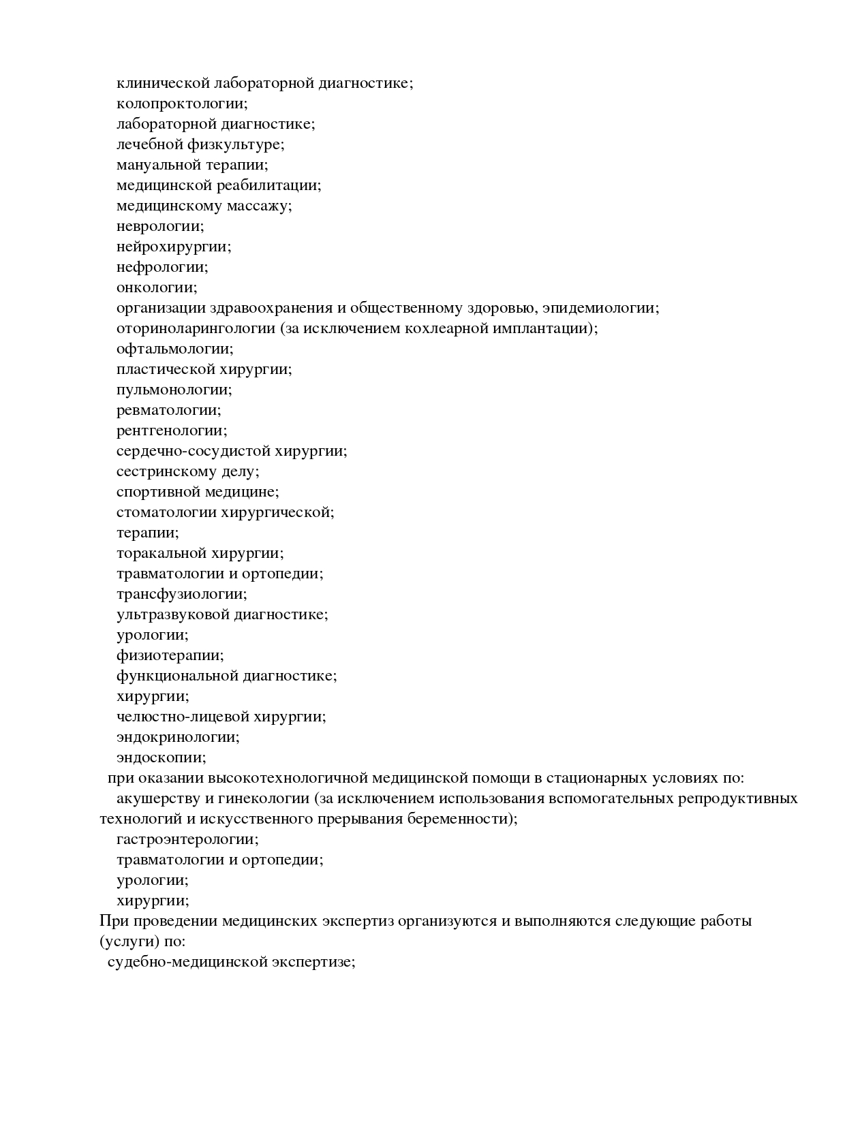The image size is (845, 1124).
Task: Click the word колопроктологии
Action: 181,104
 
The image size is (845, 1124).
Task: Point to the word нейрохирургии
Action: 174,247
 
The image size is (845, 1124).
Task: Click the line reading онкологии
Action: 157,287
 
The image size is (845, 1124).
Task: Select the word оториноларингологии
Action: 196,328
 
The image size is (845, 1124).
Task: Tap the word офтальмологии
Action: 174,349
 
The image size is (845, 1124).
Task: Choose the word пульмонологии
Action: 174,390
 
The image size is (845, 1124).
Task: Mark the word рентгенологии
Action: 172,431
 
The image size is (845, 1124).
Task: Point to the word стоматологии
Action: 167,512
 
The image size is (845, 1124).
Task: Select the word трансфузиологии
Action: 181,594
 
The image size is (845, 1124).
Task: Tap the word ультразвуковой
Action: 173,614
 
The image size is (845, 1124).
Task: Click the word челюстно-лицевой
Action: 183,717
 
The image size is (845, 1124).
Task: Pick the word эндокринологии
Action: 178,737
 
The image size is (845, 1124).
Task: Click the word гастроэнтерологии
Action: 187,839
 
